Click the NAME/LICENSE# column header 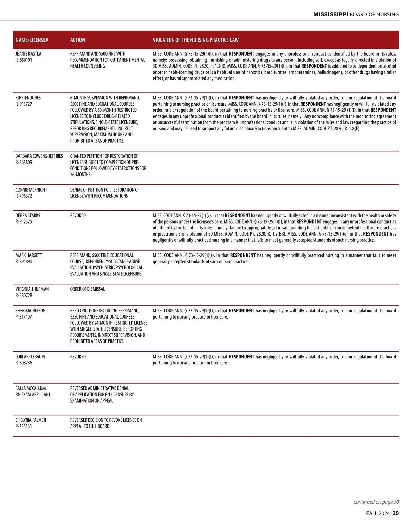(x=32, y=40)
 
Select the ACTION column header (x=77, y=40)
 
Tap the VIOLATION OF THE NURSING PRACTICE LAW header (x=196, y=40)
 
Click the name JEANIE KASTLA (x=28, y=54)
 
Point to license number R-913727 (x=24, y=104)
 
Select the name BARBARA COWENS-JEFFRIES (x=39, y=156)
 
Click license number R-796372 (x=24, y=196)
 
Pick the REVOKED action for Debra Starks (x=78, y=215)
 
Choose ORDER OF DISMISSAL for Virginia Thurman (x=87, y=289)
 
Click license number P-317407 (x=24, y=317)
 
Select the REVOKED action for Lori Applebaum (x=78, y=357)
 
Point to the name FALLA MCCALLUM (x=30, y=388)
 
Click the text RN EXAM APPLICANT (x=33, y=395)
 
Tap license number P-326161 (x=24, y=426)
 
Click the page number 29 (x=396, y=513)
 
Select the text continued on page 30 (x=376, y=502)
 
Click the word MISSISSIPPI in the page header (x=331, y=14)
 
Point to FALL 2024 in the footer (x=378, y=513)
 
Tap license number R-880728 (x=24, y=295)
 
